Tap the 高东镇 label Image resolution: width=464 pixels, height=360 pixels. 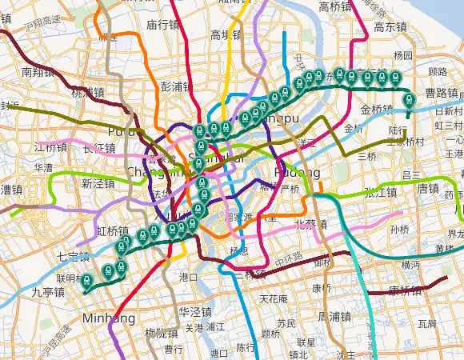[390, 26]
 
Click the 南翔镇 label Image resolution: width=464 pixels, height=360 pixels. [38, 72]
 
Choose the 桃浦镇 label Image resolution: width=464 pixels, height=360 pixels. [88, 92]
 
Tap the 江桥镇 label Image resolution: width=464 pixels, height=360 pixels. [51, 148]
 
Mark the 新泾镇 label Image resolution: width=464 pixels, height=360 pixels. [98, 183]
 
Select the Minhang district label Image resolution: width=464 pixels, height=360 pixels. [110, 318]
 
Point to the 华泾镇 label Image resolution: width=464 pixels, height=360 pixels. [194, 311]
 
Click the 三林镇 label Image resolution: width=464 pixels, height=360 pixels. [250, 274]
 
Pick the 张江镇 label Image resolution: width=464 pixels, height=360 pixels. [381, 192]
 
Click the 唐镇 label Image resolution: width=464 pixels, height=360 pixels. [428, 190]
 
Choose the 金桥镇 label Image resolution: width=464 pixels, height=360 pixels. [377, 110]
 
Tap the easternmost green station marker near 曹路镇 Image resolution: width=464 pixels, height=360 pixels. [409, 100]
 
